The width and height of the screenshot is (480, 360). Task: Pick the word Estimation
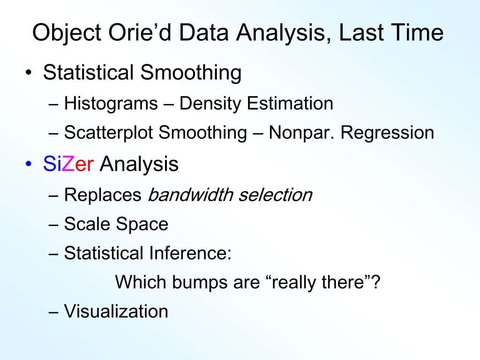290,103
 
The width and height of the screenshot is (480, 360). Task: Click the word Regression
387,133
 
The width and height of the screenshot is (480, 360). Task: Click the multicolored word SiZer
68,164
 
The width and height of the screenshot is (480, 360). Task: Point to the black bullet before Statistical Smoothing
29,73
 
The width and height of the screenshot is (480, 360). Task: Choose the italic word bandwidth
190,195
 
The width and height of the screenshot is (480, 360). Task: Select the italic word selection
276,195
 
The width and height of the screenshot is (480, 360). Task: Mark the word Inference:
190,253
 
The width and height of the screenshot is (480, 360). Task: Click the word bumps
200,283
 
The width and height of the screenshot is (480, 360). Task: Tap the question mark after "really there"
376,281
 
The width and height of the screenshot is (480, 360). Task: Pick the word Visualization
116,311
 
